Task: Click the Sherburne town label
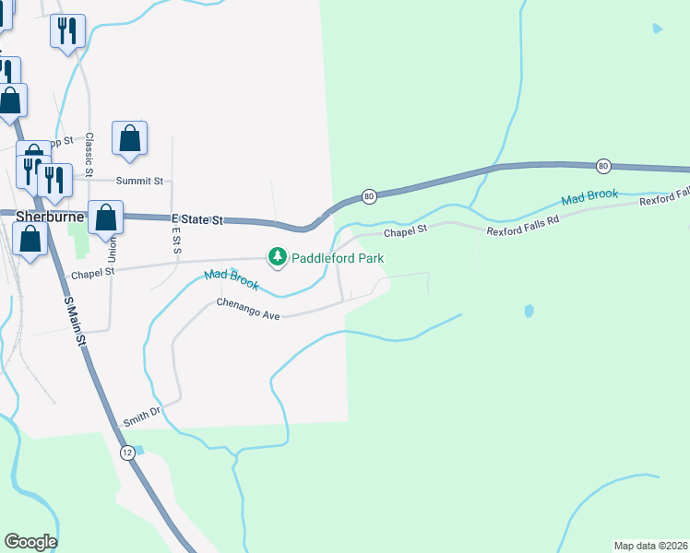tap(50, 217)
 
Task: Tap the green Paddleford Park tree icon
tap(277, 257)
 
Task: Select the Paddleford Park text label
tap(338, 258)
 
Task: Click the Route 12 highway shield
tap(127, 452)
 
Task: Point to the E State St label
tap(198, 219)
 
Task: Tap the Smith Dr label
tap(142, 416)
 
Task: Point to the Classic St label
tap(89, 155)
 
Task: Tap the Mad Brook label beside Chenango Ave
tap(232, 279)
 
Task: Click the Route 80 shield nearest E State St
tap(369, 196)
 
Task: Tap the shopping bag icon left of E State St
tap(106, 218)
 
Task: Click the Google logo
tap(30, 542)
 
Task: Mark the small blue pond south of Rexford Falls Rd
tap(528, 311)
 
